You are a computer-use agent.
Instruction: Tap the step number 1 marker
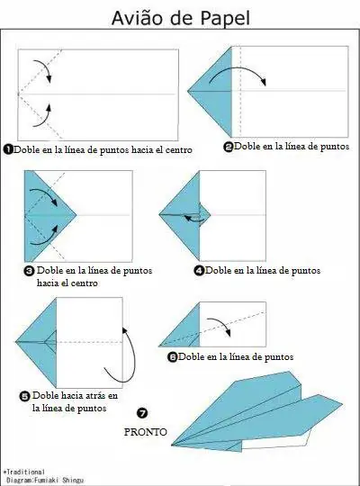coord(8,149)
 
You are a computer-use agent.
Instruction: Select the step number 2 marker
coord(229,146)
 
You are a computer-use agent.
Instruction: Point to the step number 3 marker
coord(29,270)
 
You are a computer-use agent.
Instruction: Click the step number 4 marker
coord(199,270)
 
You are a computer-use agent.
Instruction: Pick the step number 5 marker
coord(23,394)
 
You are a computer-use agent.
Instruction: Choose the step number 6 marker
coord(172,357)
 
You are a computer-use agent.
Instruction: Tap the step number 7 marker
coord(142,413)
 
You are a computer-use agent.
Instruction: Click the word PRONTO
coord(142,431)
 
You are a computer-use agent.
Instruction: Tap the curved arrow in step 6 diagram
coord(220,328)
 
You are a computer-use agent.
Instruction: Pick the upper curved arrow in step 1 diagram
coord(43,70)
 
